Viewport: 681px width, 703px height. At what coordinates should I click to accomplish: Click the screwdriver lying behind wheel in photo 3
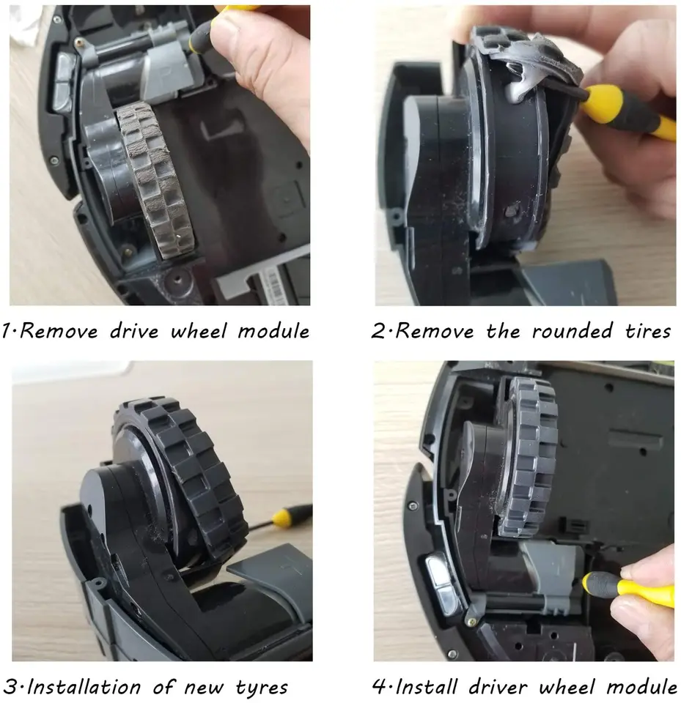click(282, 517)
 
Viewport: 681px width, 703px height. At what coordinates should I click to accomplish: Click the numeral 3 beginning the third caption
click(10, 687)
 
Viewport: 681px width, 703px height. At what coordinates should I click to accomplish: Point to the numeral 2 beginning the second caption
click(378, 331)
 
